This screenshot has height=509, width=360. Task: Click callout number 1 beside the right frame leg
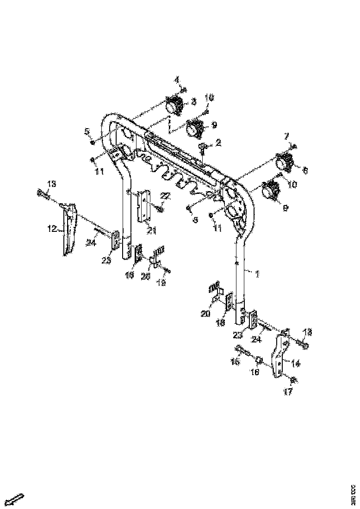[257, 274]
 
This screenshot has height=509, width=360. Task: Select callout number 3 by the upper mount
[194, 101]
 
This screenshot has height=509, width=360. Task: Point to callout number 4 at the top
[176, 80]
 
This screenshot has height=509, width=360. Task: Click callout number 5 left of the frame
[87, 131]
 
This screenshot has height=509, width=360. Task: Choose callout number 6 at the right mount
[305, 170]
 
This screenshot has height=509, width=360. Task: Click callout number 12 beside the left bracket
[52, 228]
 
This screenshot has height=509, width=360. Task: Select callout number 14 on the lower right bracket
[297, 364]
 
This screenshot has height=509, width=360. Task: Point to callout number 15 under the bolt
[235, 361]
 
